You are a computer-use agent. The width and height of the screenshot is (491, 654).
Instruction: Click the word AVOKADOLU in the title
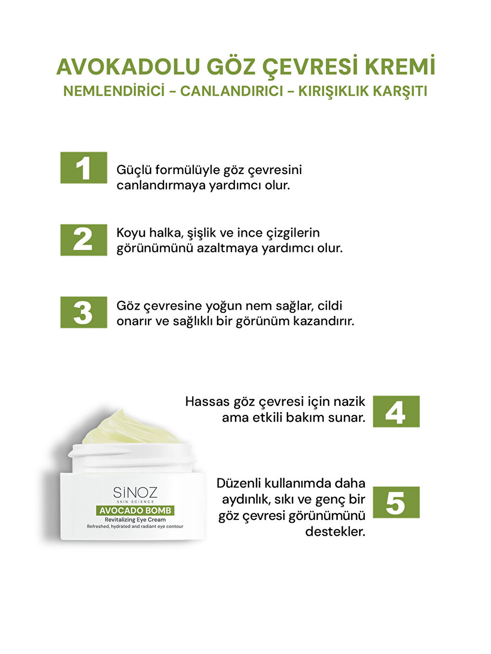(128, 67)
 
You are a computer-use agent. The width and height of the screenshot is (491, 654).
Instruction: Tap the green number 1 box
(84, 168)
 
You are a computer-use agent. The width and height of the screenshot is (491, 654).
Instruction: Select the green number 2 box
(84, 240)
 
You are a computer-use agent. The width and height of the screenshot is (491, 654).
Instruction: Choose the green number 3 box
(84, 312)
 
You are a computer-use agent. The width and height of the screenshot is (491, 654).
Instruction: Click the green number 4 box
(396, 412)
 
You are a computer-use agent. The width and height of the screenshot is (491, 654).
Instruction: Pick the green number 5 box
(396, 503)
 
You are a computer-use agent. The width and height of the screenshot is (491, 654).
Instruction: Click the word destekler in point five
(336, 531)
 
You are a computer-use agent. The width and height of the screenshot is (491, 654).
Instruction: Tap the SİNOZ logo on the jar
(135, 492)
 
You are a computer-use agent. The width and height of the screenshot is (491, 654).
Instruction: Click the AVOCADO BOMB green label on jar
(135, 510)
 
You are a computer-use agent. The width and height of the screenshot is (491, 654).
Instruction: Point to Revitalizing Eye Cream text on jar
(135, 520)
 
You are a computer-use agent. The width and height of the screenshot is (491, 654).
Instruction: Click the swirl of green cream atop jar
(130, 427)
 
